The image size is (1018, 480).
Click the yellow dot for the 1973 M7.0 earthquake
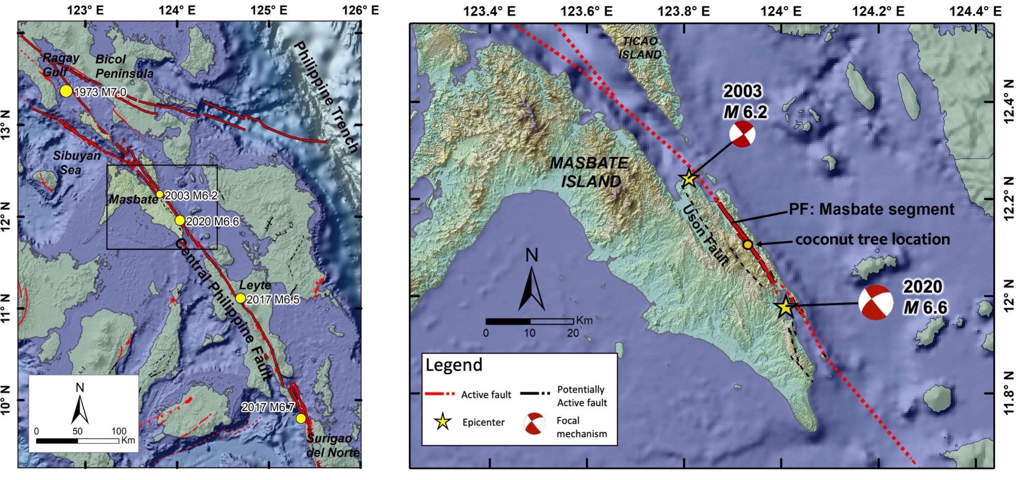pos(66,91)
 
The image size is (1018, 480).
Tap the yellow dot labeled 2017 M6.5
pos(240,298)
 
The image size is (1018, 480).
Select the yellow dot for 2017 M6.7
pos(301,418)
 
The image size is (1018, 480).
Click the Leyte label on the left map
pos(255,285)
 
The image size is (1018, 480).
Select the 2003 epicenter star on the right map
pos(688,178)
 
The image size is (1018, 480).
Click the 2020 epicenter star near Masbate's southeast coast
pos(785,307)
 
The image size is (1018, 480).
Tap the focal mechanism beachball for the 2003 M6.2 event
pos(743,134)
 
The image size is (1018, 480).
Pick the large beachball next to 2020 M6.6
pos(876,302)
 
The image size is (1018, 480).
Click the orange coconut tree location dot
pos(748,244)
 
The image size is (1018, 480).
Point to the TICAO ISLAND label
pos(640,48)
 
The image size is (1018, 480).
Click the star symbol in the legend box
pos(442,422)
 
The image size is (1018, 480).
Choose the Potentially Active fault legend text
pos(582,396)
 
